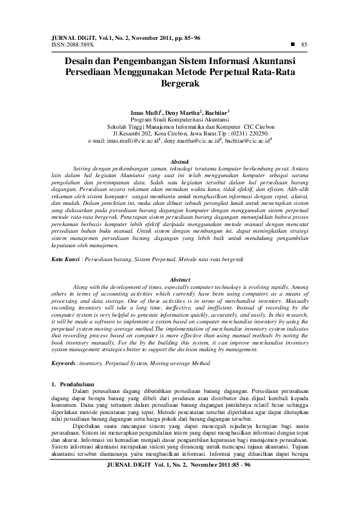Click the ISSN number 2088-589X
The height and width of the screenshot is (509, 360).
[71, 44]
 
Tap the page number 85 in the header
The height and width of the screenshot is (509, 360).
[304, 44]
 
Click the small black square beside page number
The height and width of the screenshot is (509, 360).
[292, 44]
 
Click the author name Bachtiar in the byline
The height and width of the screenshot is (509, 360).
[217, 112]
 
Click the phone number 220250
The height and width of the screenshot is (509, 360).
[253, 132]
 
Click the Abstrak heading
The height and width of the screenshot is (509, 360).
[180, 161]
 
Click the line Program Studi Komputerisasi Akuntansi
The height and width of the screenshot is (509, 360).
[180, 119]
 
